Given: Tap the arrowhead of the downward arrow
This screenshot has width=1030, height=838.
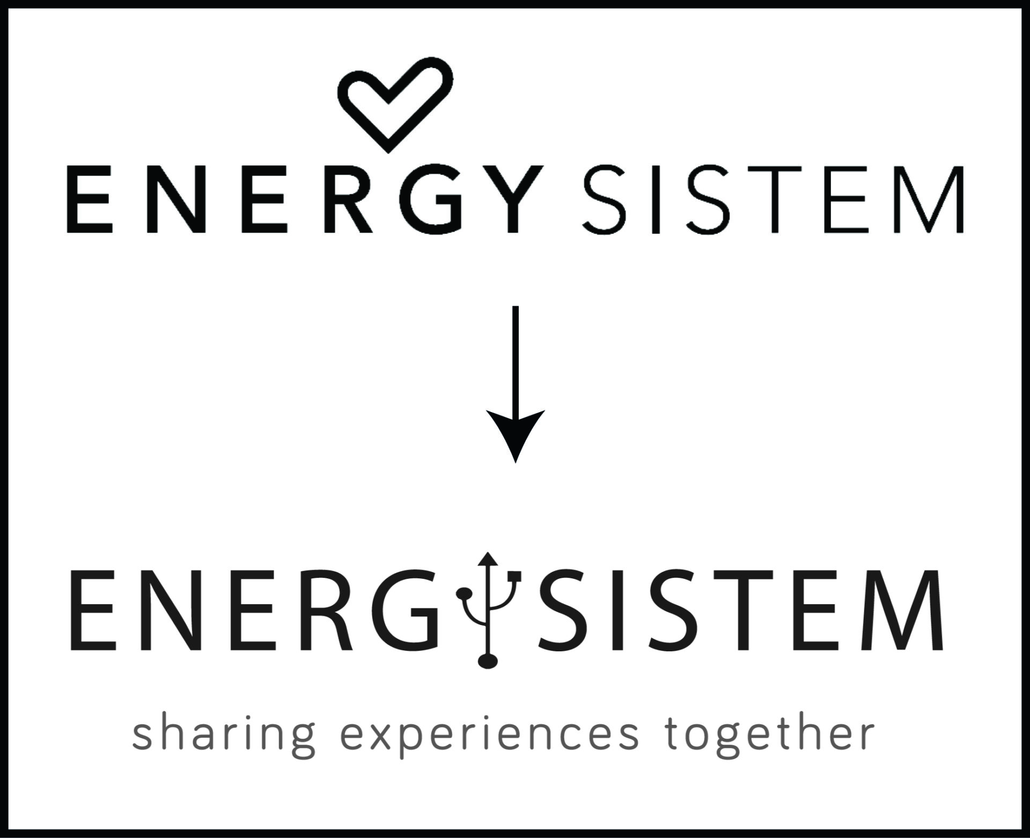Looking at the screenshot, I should pyautogui.click(x=515, y=432).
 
